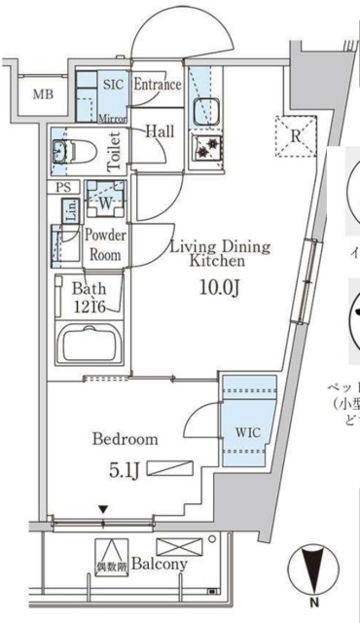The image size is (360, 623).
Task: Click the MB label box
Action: click(x=43, y=94)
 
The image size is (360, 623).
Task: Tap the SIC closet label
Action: click(x=114, y=84)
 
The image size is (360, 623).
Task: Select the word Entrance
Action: click(x=157, y=85)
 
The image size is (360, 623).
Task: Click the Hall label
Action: click(x=160, y=130)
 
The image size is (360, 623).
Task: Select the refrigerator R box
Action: click(x=295, y=135)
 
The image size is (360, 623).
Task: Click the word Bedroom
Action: click(x=126, y=439)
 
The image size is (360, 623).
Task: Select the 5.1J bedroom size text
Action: click(x=125, y=472)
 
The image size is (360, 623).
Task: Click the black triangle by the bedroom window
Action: click(x=102, y=509)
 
